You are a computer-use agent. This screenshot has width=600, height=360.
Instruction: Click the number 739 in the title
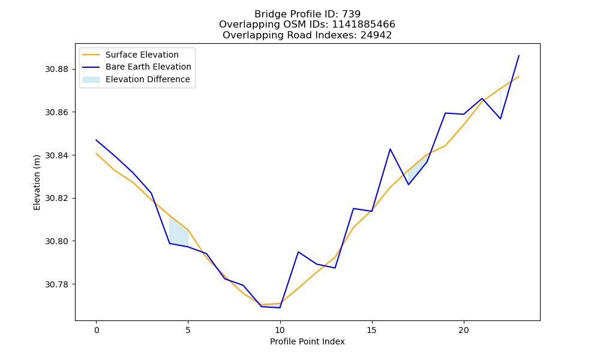pos(351,14)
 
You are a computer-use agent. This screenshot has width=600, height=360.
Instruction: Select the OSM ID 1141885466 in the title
pos(364,25)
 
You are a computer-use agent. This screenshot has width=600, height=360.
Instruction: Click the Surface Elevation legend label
pos(142,55)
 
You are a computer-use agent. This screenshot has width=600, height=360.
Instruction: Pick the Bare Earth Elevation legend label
pos(148,67)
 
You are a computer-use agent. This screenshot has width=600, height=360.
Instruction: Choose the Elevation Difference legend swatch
pos(91,80)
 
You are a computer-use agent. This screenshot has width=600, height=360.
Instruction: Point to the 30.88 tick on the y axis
pos(56,69)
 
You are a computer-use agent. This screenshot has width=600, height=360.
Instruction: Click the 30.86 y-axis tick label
pos(56,112)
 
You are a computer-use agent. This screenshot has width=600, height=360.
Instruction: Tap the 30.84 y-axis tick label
pos(56,155)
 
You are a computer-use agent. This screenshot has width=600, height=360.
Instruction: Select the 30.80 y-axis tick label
pos(56,241)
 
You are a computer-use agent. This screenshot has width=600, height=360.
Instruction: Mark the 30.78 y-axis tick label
pos(56,284)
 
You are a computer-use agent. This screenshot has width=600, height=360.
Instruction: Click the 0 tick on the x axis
pos(97,330)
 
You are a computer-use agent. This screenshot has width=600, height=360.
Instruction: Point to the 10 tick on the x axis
pos(280,330)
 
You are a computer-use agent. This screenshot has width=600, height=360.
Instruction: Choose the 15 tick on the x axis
pos(372,330)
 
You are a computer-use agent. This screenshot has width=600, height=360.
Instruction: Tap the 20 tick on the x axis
pos(464,330)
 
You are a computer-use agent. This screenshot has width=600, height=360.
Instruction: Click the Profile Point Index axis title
pos(307,341)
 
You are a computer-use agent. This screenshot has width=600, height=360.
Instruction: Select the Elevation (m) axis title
pos(37,182)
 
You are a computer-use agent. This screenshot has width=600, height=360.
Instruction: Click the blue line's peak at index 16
pos(390,149)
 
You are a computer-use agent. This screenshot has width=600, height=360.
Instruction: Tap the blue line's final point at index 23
pos(519,55)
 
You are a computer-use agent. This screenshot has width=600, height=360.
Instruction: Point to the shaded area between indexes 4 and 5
pos(178,234)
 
